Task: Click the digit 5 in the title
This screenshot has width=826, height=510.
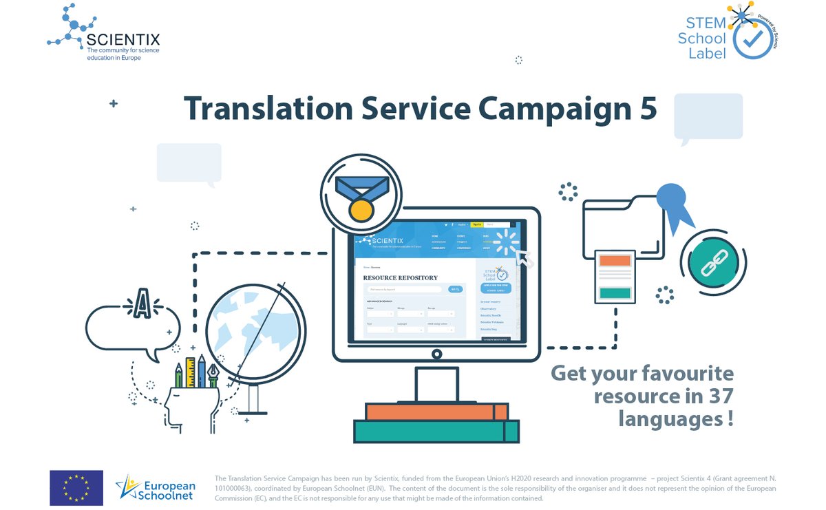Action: (x=646, y=109)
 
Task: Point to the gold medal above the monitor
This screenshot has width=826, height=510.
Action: (x=361, y=209)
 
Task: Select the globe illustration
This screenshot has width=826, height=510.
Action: (x=255, y=331)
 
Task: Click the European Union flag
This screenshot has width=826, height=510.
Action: (x=76, y=487)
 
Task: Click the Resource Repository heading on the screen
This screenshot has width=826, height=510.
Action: (x=400, y=278)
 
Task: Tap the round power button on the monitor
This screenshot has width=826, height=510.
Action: (x=436, y=354)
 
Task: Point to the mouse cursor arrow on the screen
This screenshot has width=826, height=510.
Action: (x=525, y=258)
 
